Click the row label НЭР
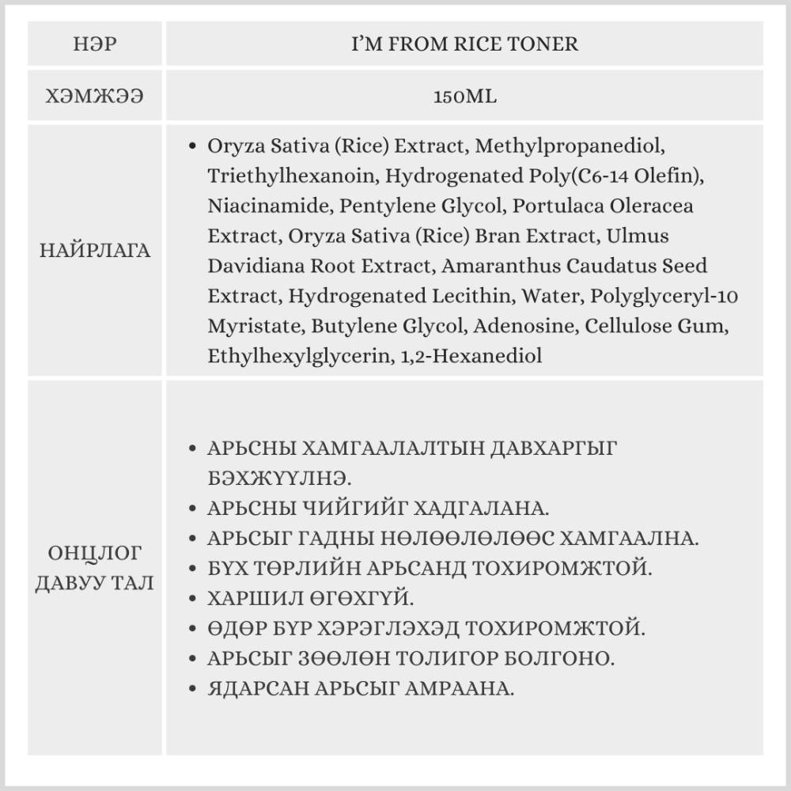tap(95, 44)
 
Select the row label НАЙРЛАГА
tap(95, 252)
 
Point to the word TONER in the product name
tap(547, 44)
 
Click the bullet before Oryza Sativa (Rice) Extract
tap(193, 147)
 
